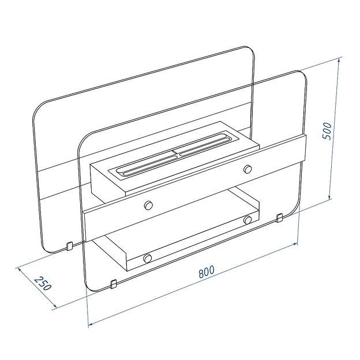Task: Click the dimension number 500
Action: [x=327, y=131]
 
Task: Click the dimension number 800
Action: [x=206, y=272]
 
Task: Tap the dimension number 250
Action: [x=43, y=284]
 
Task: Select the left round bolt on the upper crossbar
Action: [x=148, y=205]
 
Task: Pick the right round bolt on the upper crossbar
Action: [x=247, y=169]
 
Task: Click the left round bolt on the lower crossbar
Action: [x=147, y=258]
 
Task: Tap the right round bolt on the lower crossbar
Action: [x=247, y=219]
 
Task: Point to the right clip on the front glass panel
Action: [x=279, y=217]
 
